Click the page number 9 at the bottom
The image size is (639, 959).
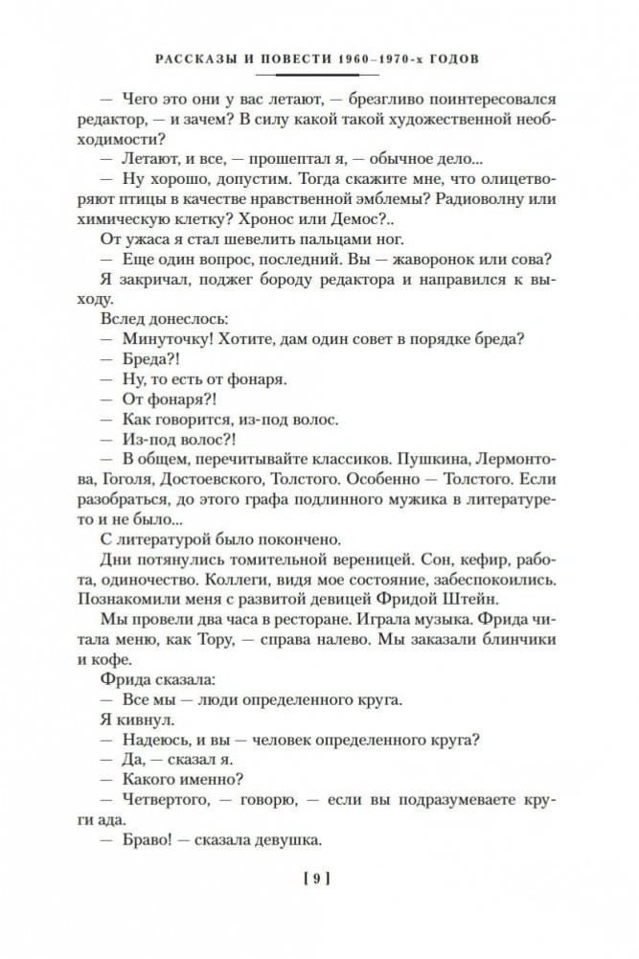(318, 877)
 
